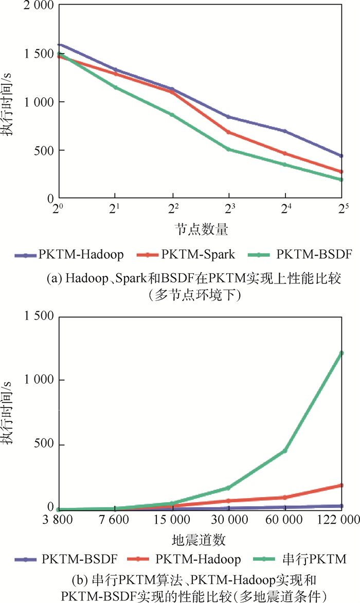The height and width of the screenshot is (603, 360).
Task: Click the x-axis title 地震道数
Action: point(201,540)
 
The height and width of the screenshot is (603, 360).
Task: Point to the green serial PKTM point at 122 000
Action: point(341,353)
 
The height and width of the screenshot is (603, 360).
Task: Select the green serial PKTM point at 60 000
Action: point(284,451)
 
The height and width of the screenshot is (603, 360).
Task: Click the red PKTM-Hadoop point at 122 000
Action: point(341,485)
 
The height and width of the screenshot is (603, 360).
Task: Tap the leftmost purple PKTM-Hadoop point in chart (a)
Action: point(59,45)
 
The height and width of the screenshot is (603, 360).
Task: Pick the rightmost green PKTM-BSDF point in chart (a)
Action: point(341,180)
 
